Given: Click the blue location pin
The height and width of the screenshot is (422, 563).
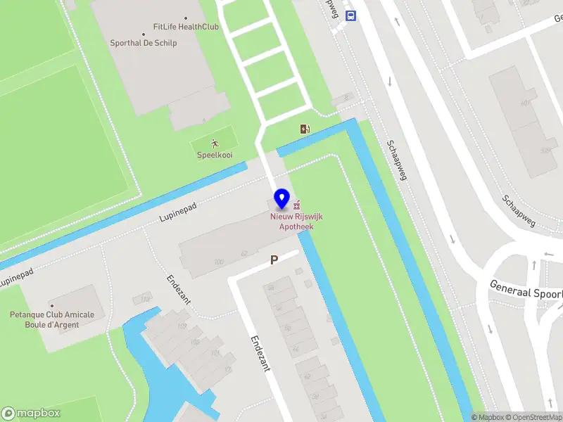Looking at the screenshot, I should click(282, 198).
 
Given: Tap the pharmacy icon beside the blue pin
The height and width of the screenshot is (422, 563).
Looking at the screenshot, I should click(297, 205).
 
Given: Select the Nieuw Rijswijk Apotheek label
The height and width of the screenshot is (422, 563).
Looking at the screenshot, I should click(296, 222).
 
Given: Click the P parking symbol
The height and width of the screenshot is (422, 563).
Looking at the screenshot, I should click(274, 260).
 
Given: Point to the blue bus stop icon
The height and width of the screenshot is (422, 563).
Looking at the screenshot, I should click(351, 15).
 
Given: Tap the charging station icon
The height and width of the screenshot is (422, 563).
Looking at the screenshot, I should click(305, 129).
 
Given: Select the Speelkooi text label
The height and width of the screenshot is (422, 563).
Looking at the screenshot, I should click(215, 155).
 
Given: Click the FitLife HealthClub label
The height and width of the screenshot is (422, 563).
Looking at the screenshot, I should click(186, 27).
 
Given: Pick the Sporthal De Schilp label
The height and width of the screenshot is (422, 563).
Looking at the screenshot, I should click(144, 43).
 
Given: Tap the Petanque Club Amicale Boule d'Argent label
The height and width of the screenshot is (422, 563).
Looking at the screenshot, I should click(51, 320).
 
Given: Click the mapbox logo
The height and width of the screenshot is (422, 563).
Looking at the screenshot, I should click(31, 413).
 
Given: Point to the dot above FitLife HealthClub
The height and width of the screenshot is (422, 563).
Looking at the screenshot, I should click(186, 18).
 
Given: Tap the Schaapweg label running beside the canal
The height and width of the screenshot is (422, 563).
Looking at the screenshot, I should click(397, 160).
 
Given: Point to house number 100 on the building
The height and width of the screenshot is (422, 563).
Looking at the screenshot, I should click(219, 262).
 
